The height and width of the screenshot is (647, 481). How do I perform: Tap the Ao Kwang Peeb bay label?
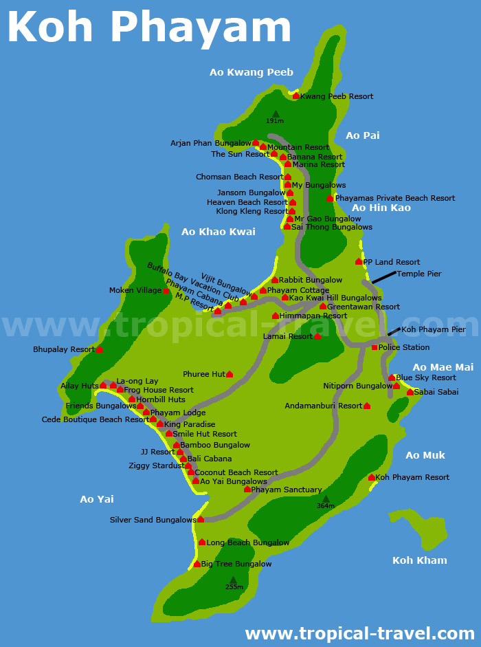point(251,72)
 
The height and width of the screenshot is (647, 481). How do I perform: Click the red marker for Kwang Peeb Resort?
point(296,96)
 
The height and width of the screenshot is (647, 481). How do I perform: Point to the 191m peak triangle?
point(276,114)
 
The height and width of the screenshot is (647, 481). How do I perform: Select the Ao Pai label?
point(362,135)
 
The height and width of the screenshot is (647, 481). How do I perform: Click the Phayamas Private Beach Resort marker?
point(330,198)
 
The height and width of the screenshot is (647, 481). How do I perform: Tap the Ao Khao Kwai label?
point(218,232)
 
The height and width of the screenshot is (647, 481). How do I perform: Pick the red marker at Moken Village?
point(166,291)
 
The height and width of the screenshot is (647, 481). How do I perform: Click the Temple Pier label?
point(419,274)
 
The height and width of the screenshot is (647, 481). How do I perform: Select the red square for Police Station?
point(374,347)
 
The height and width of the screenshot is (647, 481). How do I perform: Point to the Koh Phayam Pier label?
point(434,329)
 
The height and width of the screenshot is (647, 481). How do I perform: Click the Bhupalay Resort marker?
point(100,349)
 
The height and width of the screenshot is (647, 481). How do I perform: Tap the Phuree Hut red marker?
point(230,374)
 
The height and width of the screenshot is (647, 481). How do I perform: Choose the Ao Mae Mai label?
point(443,367)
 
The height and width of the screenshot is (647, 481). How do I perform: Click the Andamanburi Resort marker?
point(367,406)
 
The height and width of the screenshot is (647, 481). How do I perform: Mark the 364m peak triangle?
point(326,499)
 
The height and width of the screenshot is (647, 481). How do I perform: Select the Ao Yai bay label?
point(97,499)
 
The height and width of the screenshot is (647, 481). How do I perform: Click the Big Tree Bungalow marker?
point(197,564)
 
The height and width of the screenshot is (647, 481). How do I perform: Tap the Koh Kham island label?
point(419,560)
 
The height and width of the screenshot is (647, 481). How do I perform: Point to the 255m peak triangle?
point(234,580)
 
